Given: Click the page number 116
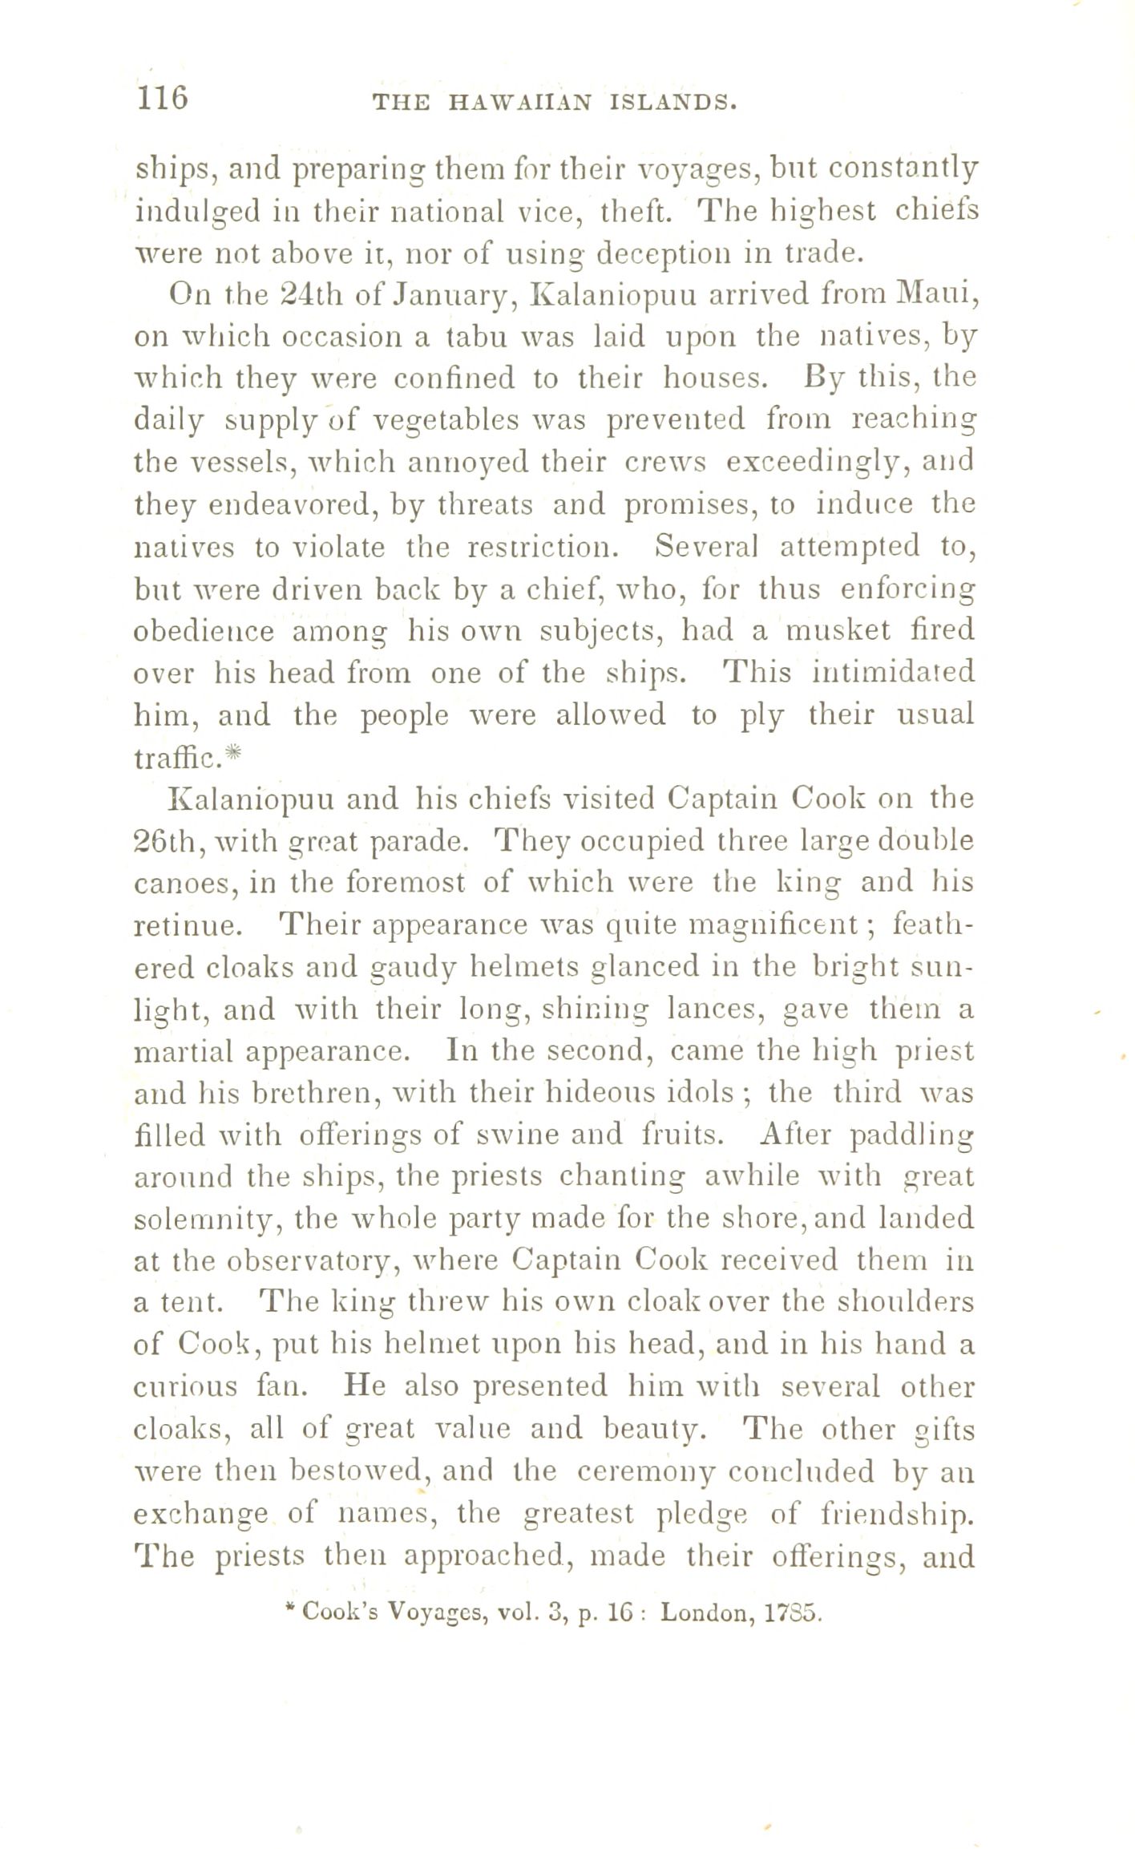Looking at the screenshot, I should [163, 98].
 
